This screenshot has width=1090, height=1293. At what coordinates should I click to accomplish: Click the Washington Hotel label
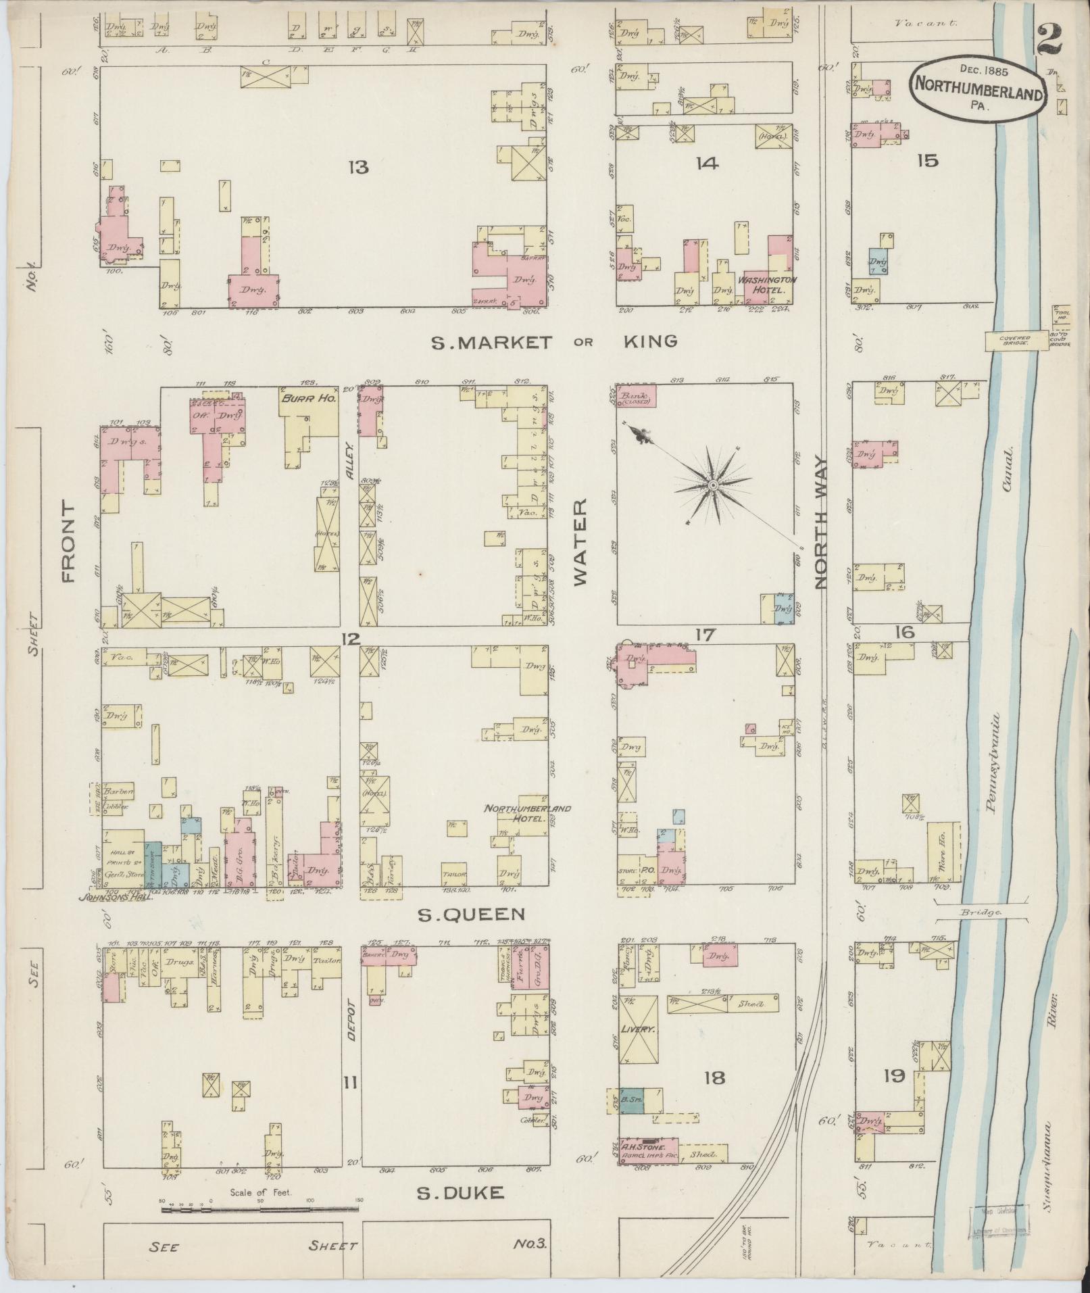point(766,285)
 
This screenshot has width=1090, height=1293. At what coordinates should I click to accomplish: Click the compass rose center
point(713,485)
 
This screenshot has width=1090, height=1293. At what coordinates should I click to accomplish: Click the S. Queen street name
point(471,915)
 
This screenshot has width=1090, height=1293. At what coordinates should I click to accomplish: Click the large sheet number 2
point(1050,42)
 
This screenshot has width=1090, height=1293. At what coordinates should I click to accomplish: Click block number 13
point(357,166)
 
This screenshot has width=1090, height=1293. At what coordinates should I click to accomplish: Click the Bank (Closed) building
point(636,397)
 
